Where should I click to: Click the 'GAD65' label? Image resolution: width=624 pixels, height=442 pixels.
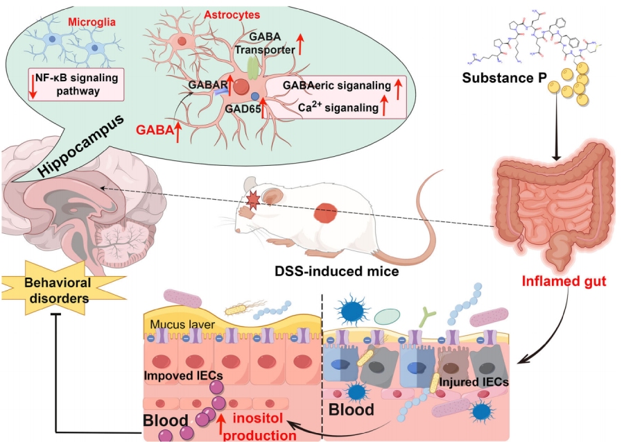239,108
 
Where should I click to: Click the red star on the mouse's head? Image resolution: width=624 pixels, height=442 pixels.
252,201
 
